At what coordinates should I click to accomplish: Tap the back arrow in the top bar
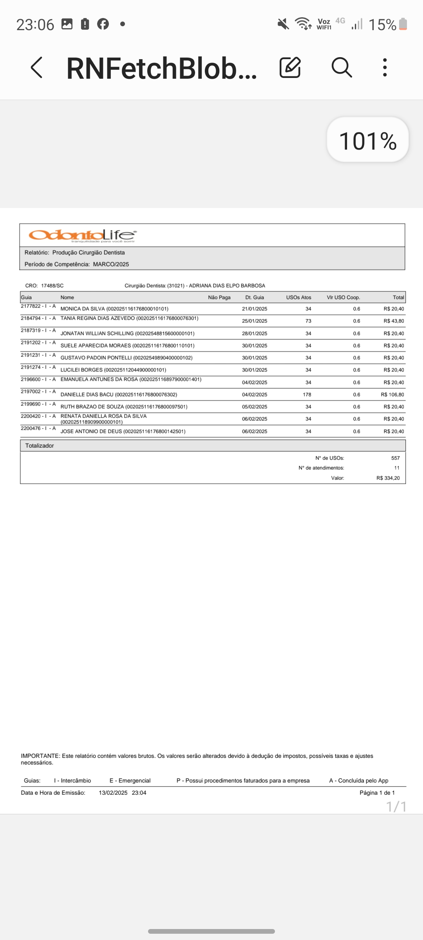click(x=36, y=67)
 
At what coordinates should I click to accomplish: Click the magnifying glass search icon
click(x=342, y=67)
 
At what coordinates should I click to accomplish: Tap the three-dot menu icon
click(x=385, y=67)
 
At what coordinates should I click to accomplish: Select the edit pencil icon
click(x=290, y=67)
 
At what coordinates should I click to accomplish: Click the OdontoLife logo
click(x=83, y=235)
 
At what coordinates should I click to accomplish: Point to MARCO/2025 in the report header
click(x=111, y=264)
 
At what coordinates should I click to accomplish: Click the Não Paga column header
click(x=219, y=297)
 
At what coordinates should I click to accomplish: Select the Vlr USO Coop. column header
click(x=343, y=297)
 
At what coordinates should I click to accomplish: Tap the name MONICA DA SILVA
click(x=83, y=309)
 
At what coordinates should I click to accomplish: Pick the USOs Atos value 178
click(x=307, y=394)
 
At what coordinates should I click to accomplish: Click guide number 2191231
click(x=31, y=355)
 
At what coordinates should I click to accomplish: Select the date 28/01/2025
click(x=255, y=333)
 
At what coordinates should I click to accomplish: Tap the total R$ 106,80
click(x=392, y=394)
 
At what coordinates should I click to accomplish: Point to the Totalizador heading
click(x=40, y=446)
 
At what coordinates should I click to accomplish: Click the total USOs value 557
click(x=395, y=458)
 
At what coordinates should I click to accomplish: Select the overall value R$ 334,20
click(x=388, y=478)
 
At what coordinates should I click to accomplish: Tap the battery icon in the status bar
click(x=403, y=24)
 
